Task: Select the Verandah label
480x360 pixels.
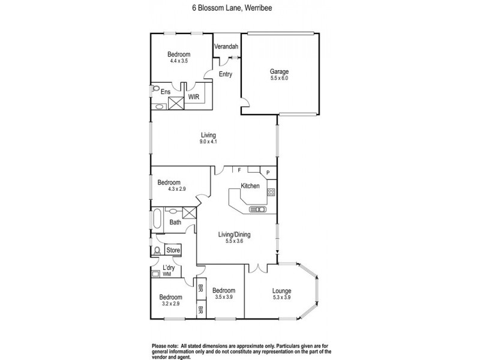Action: coord(227,46)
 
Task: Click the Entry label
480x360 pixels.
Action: coord(225,74)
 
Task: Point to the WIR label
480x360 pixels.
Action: coord(194,96)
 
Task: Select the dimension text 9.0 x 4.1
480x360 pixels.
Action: coord(208,142)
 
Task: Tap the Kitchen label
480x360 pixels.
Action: coord(250,186)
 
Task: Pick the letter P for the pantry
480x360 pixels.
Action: coord(268,174)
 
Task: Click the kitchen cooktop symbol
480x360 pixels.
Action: coord(271,193)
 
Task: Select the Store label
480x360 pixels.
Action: coord(173,250)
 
